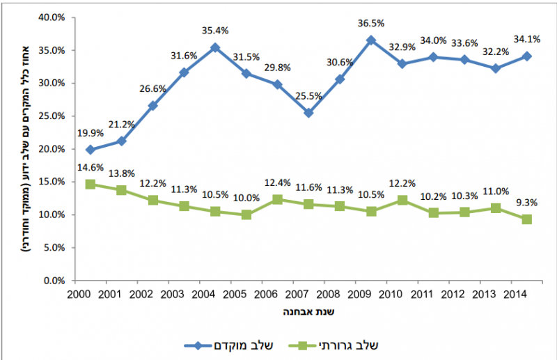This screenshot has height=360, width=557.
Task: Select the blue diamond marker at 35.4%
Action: click(214, 47)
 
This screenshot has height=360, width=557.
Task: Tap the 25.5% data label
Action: click(308, 96)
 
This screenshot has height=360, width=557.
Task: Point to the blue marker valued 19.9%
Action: click(90, 150)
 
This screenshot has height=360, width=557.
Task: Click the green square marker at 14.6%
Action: click(90, 185)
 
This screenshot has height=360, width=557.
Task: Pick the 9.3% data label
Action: click(527, 203)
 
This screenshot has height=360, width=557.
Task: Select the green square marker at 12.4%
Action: click(277, 199)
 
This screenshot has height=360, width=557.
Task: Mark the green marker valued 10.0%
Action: click(246, 215)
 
